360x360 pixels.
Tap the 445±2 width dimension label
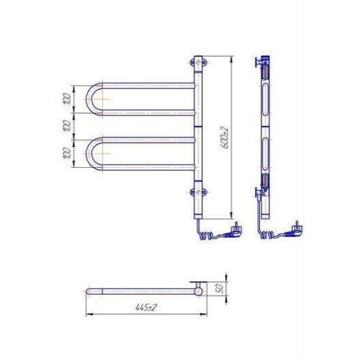click(x=146, y=307)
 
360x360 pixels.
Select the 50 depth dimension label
click(x=220, y=289)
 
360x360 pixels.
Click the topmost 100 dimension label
click(x=68, y=99)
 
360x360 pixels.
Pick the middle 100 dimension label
click(x=67, y=125)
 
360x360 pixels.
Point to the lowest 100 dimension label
click(x=67, y=153)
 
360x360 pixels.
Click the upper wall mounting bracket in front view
click(x=198, y=63)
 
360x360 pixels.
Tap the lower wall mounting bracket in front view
click(x=198, y=192)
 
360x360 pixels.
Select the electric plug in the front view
click(x=235, y=230)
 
